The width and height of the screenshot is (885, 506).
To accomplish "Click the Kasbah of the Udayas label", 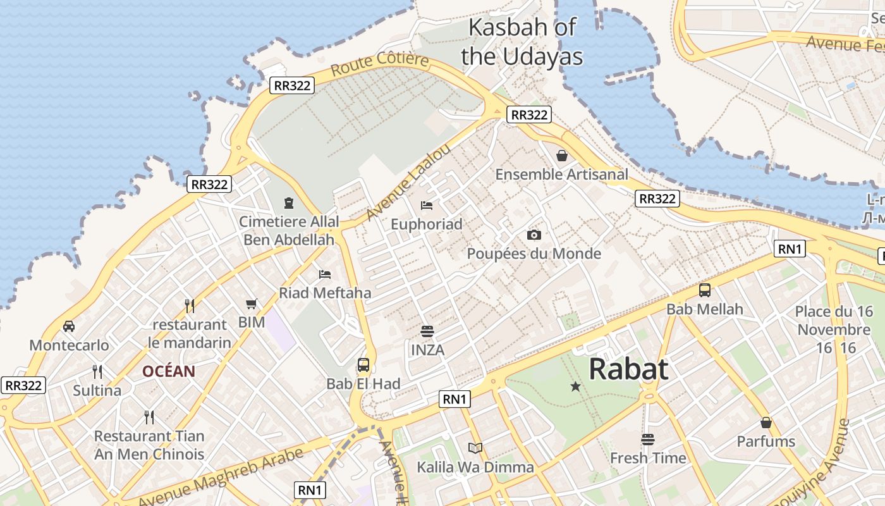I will pyautogui.click(x=522, y=42).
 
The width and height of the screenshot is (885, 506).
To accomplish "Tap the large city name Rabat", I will pyautogui.click(x=628, y=369).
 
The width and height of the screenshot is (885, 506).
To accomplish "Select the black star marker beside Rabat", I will pyautogui.click(x=575, y=386).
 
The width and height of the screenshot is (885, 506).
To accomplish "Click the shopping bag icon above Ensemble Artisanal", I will pyautogui.click(x=561, y=156).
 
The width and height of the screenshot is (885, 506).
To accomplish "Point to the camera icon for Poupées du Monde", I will pyautogui.click(x=534, y=235).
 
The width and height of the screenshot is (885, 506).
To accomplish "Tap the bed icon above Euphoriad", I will pyautogui.click(x=427, y=206).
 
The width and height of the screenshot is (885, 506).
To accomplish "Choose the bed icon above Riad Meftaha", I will pyautogui.click(x=325, y=275).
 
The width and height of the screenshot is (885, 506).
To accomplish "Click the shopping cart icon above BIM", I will pyautogui.click(x=252, y=304).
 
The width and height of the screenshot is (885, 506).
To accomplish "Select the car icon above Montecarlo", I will pyautogui.click(x=69, y=326).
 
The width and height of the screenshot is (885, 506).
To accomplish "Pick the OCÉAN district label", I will pyautogui.click(x=168, y=371).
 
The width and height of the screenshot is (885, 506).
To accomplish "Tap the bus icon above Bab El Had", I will pyautogui.click(x=363, y=365).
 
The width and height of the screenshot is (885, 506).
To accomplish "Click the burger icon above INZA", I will pyautogui.click(x=427, y=331).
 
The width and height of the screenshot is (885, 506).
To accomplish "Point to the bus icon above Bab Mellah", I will pyautogui.click(x=705, y=290).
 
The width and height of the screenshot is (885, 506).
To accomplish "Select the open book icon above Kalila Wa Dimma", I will pyautogui.click(x=475, y=448).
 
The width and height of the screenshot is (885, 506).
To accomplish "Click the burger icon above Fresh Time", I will pyautogui.click(x=648, y=439).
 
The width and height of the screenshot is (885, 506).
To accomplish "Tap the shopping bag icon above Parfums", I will pyautogui.click(x=766, y=423).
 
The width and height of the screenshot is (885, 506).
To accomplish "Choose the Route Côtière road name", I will pyautogui.click(x=379, y=64).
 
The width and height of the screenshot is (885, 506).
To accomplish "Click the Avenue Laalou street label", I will pyautogui.click(x=409, y=182).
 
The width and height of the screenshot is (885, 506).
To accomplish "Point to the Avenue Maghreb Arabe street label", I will pyautogui.click(x=221, y=478).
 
